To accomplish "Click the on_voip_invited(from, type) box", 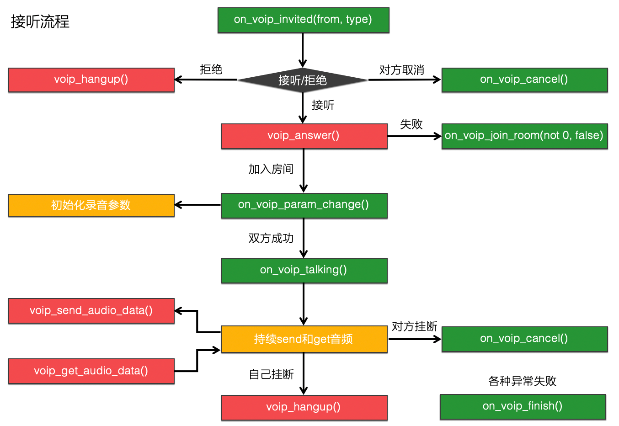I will (x=303, y=20).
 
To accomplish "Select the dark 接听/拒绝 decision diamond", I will (x=303, y=80).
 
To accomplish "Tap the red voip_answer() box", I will (x=304, y=136).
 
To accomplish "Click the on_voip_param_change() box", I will (x=304, y=205).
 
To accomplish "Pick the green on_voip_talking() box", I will (x=304, y=270).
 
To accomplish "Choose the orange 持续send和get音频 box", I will (x=304, y=339).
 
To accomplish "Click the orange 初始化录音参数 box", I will (x=91, y=205).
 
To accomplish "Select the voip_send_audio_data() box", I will (x=91, y=311).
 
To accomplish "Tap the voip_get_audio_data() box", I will (x=91, y=371).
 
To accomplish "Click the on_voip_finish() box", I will (x=523, y=406).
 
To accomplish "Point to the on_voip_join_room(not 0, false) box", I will (x=524, y=136).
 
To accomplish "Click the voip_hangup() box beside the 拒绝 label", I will (x=91, y=80).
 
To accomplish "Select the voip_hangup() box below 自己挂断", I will (x=304, y=407).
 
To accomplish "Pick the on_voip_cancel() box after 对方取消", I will (x=524, y=80).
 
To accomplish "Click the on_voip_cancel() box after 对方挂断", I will (x=524, y=339).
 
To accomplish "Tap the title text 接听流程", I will (x=40, y=21).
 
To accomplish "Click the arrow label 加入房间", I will (x=271, y=169).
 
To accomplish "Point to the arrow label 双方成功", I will (x=271, y=238).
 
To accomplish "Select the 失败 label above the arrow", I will (x=411, y=124).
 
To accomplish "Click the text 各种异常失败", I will (x=522, y=381).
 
